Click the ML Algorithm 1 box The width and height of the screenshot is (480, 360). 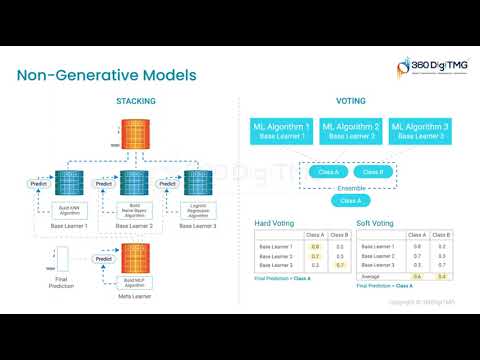280,131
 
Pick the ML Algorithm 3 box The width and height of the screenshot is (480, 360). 420,131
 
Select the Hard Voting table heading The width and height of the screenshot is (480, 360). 273,222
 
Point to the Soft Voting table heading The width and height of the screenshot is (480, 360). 376,222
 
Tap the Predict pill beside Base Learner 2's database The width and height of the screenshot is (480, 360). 102,184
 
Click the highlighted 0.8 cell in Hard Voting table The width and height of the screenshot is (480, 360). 315,245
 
